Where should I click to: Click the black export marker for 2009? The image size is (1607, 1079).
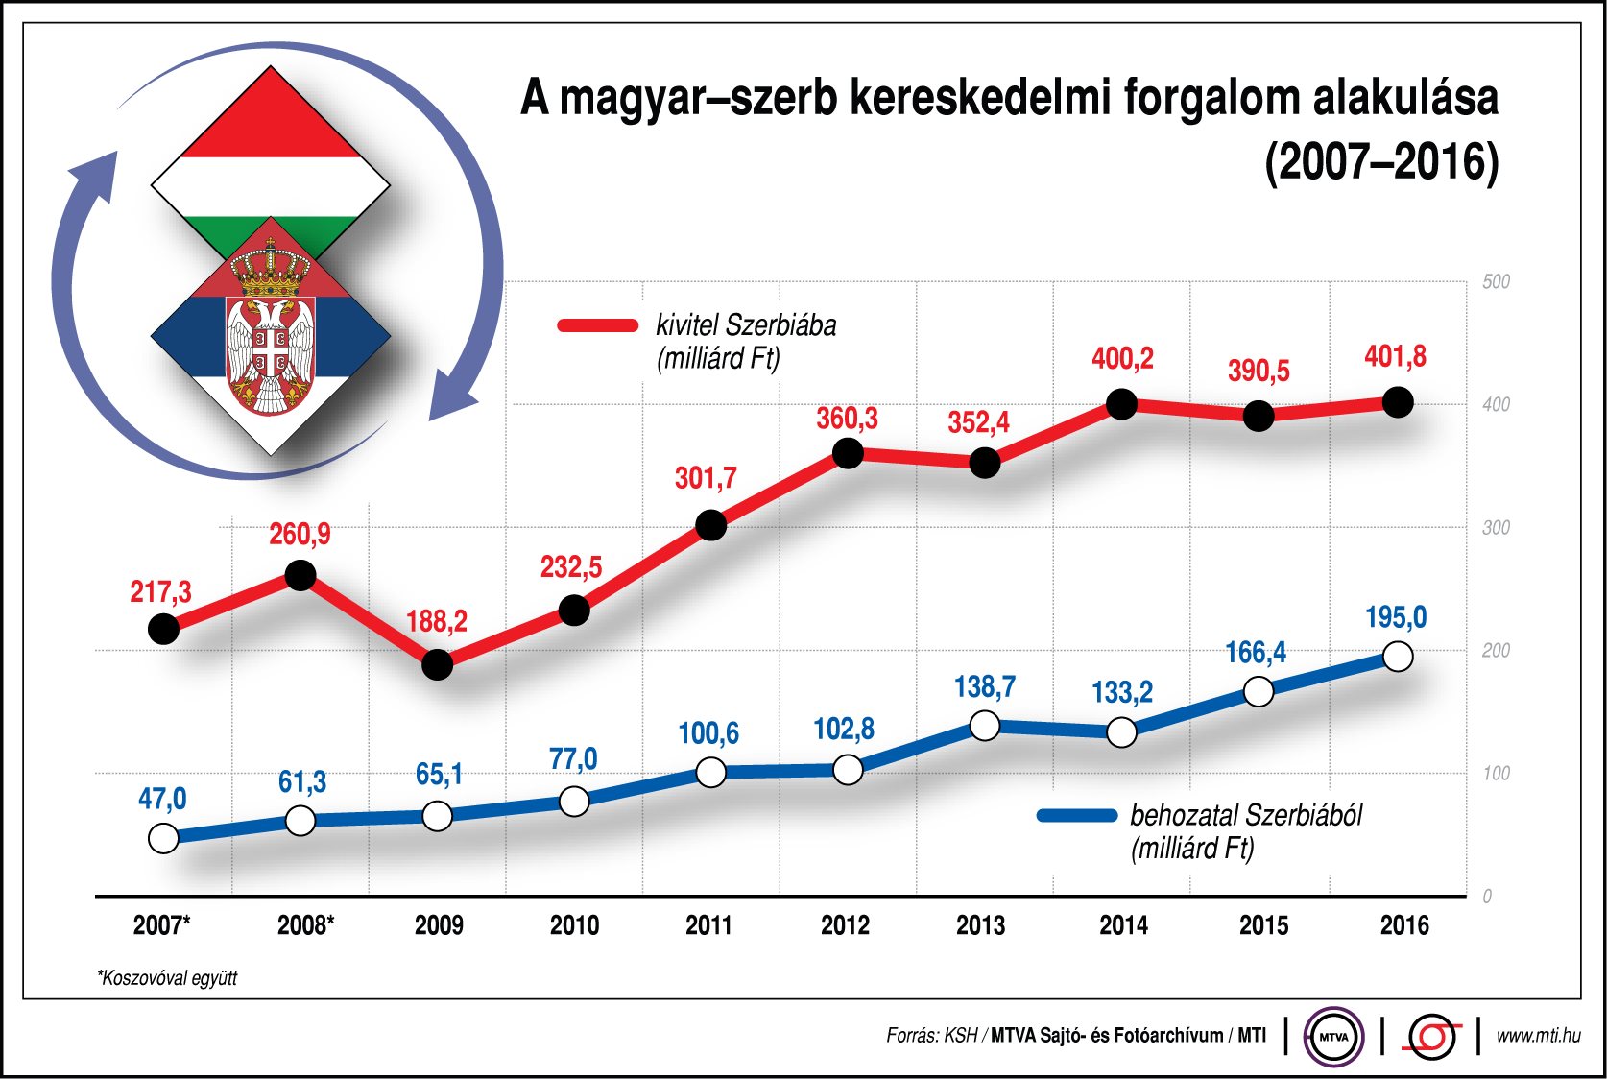pos(437,664)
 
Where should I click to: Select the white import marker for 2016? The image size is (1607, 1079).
pos(1398,657)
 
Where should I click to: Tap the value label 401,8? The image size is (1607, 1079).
pos(1395,357)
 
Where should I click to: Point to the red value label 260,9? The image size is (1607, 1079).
pos(300,534)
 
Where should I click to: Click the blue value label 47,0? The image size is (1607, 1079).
pos(162,799)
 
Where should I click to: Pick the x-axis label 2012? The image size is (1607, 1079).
pos(845,925)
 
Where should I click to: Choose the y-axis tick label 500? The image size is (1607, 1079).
pos(1496,282)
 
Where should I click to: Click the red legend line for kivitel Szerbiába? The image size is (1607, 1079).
pos(598,325)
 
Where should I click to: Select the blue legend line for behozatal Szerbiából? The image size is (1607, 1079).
pos(1077,816)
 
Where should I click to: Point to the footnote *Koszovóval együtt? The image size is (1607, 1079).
pos(167,978)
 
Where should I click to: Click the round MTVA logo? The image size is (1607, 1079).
pos(1333,1037)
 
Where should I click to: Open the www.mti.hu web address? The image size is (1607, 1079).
pos(1538,1035)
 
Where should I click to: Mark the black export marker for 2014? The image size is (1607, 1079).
pos(1121,404)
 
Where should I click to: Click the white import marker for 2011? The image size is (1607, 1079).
pos(710,772)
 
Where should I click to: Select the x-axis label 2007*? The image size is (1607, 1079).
pos(161,925)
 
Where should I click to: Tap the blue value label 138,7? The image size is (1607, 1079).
pos(984,687)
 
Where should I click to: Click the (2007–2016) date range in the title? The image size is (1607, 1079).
pos(1381,161)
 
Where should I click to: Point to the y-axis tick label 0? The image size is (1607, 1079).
pos(1487,897)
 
